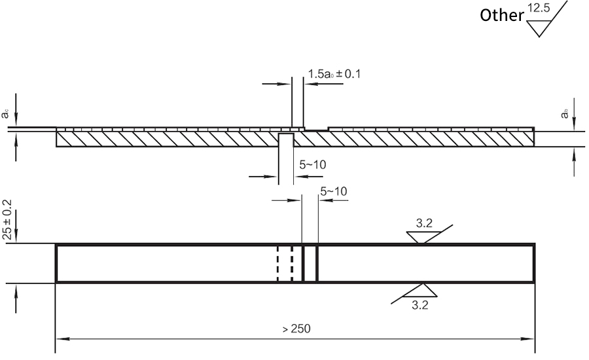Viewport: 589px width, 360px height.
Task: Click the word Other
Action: [501, 15]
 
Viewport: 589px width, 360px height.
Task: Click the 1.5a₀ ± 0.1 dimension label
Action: [334, 74]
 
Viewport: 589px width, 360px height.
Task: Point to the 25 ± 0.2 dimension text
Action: [8, 220]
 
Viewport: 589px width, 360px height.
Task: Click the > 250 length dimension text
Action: [296, 328]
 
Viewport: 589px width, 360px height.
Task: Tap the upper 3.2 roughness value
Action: [424, 224]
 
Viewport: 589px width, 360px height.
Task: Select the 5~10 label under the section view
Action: [313, 165]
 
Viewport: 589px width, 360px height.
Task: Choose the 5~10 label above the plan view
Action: [333, 191]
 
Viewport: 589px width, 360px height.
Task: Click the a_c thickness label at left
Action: [5, 114]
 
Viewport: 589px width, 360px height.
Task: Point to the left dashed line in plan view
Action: [277, 264]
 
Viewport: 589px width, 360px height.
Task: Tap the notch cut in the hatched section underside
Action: [286, 139]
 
